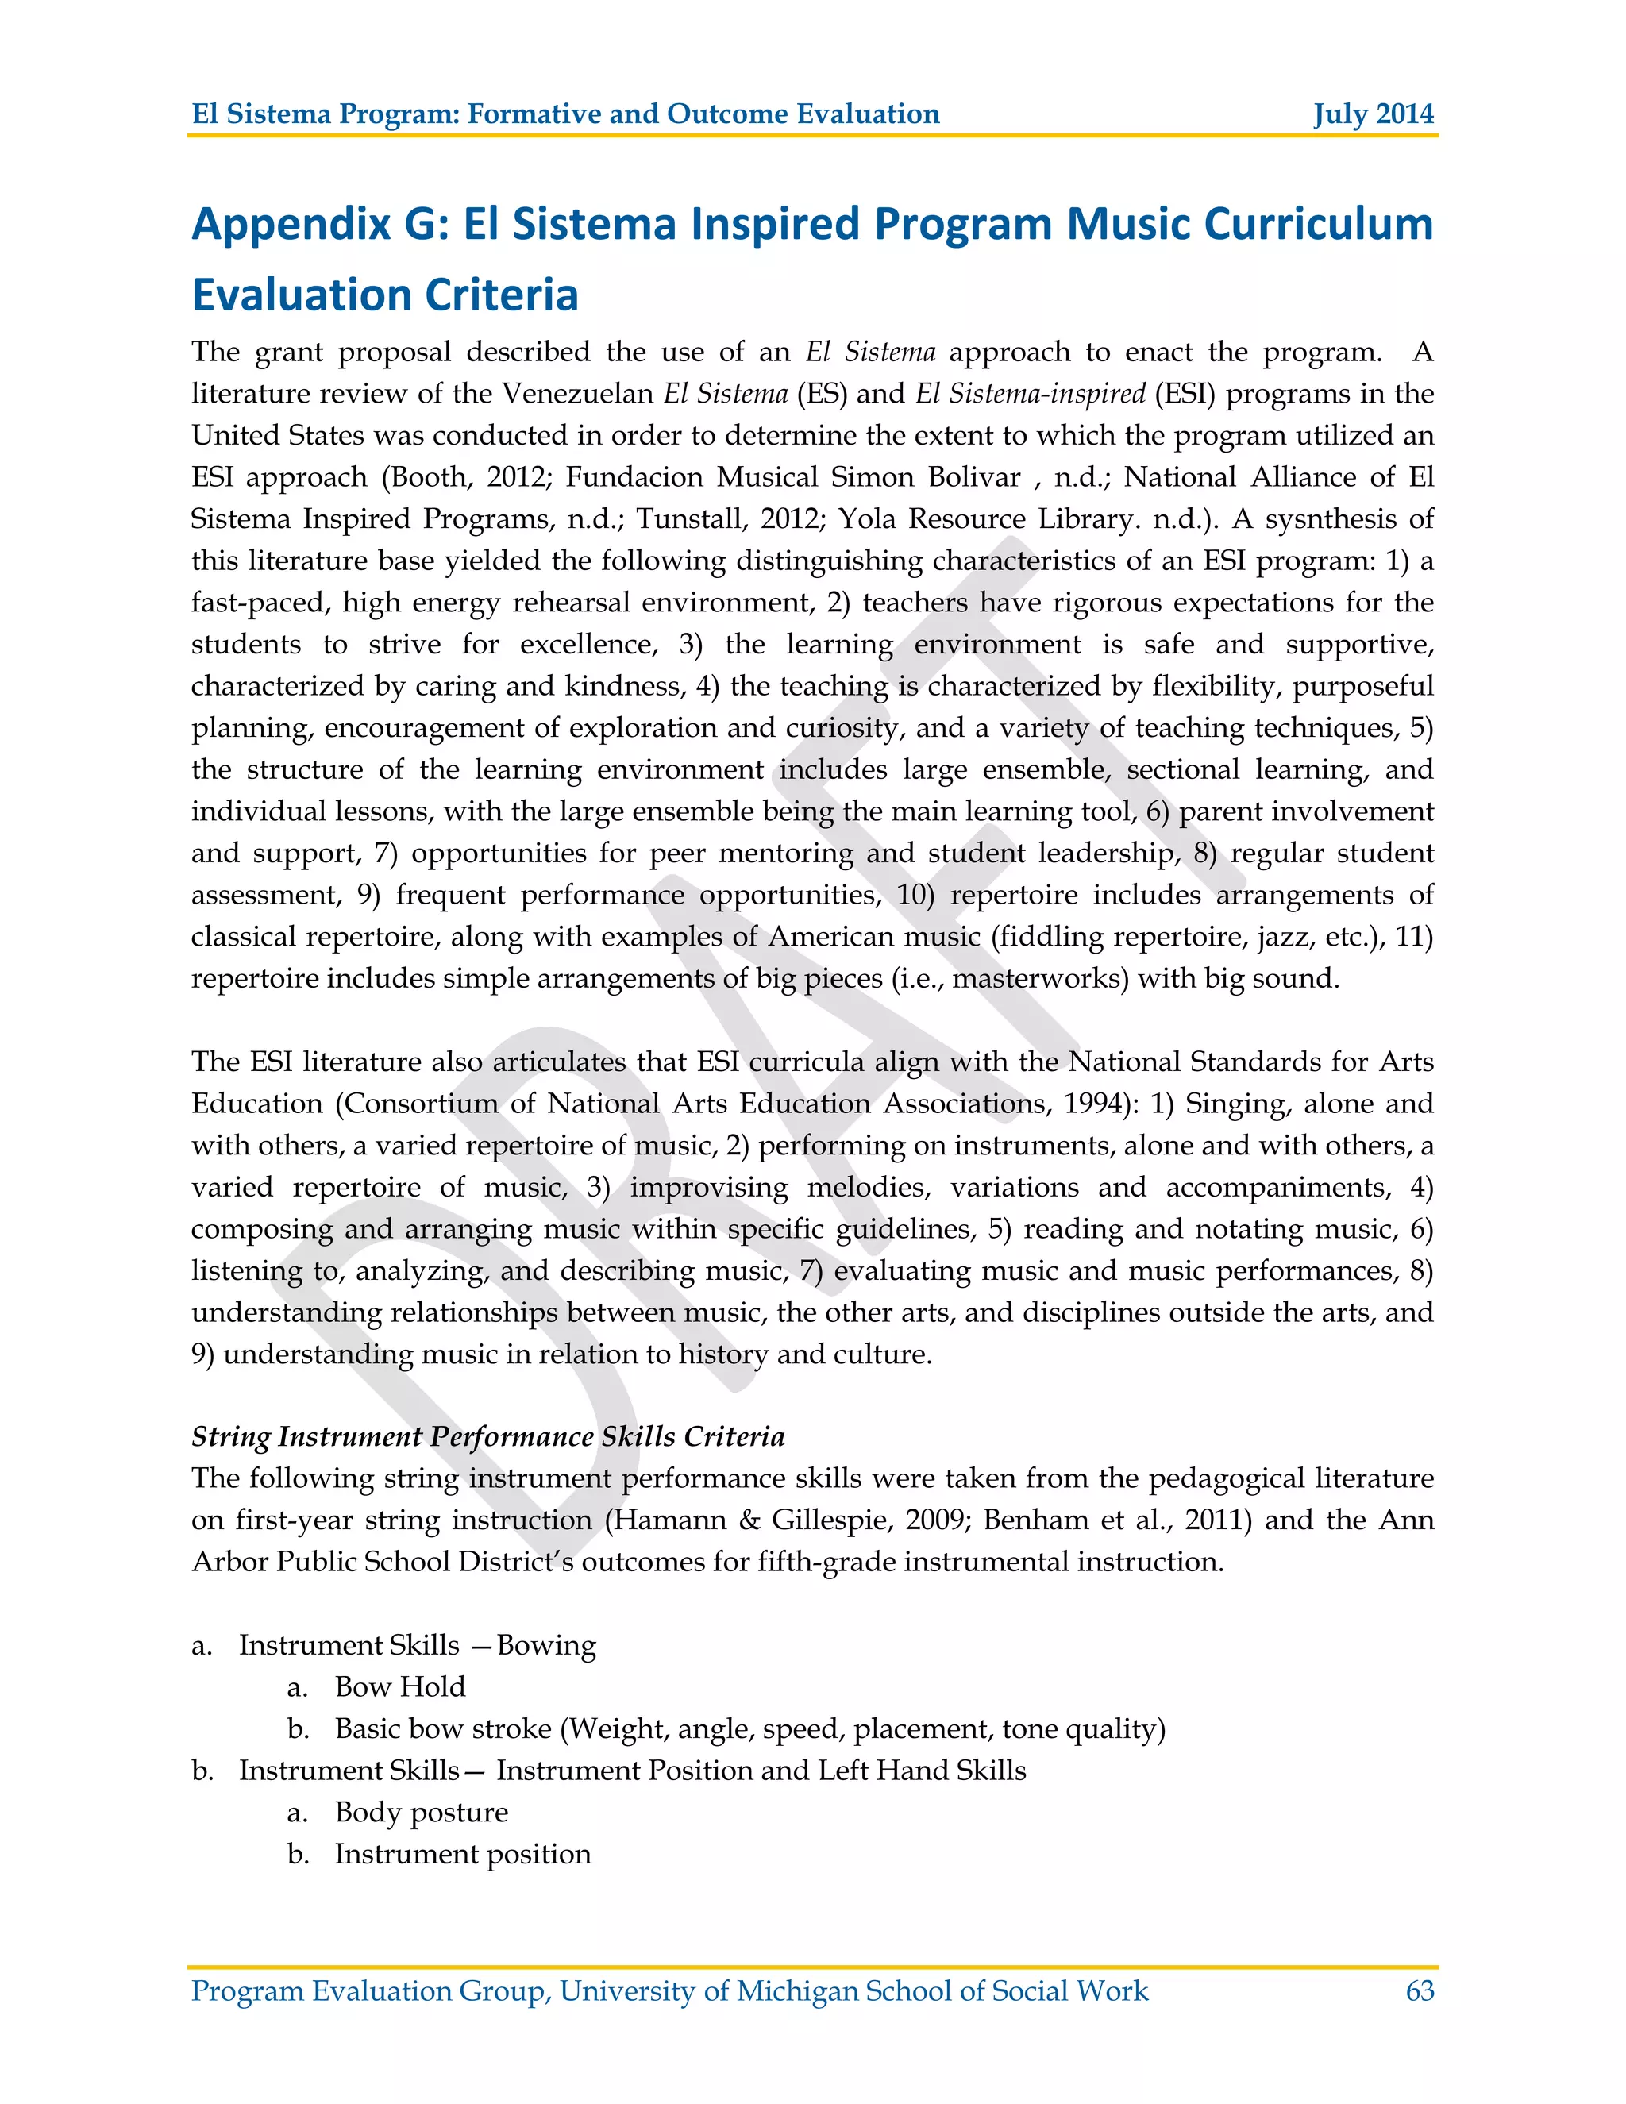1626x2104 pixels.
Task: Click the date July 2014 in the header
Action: pyautogui.click(x=1373, y=114)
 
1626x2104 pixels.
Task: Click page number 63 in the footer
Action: pyautogui.click(x=1419, y=1990)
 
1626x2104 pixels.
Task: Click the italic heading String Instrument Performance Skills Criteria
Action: pyautogui.click(x=487, y=1436)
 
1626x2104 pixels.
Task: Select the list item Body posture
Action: pyautogui.click(x=421, y=1812)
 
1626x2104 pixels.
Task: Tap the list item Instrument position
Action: pyautogui.click(x=462, y=1854)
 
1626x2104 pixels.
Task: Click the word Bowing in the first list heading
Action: pyautogui.click(x=546, y=1645)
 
